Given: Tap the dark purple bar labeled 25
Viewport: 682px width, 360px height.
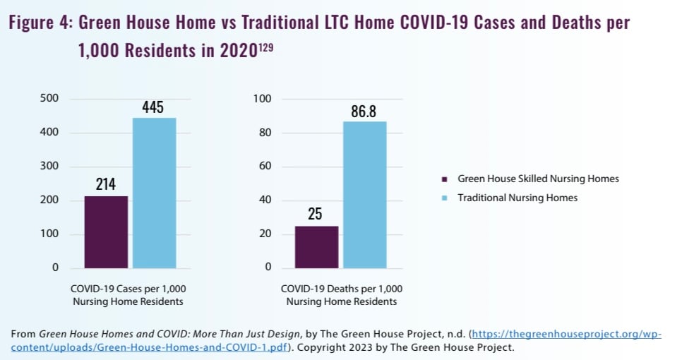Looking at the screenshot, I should (x=316, y=247).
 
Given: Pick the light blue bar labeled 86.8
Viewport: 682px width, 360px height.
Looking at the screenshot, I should (x=364, y=195).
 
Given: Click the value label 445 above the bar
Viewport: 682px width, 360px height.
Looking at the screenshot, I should (x=152, y=107).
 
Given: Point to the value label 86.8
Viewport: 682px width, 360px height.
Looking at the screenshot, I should (x=364, y=111).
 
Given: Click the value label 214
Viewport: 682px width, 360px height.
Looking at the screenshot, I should (x=107, y=186).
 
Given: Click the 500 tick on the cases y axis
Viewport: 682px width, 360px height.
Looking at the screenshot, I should (x=49, y=98).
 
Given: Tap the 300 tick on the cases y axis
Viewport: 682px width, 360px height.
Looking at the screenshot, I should (x=49, y=166).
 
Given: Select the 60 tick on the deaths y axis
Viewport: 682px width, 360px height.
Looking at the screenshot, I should (x=264, y=166).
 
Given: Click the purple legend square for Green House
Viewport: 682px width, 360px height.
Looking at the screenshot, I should (x=444, y=179).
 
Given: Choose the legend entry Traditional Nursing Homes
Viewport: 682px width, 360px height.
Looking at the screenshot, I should (x=517, y=198).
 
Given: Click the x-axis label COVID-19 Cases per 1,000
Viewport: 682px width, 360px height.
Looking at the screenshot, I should (x=128, y=289).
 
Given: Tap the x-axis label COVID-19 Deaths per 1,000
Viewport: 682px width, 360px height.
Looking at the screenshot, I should (x=341, y=289).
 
